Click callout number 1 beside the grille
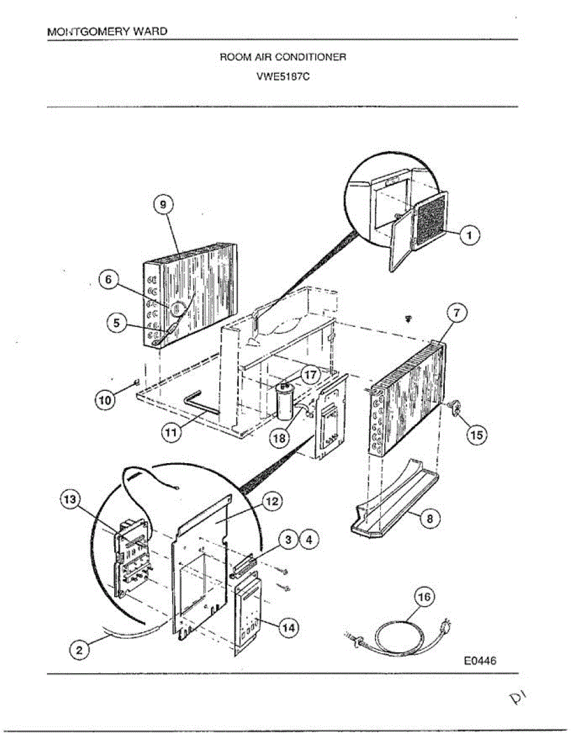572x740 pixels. click(470, 235)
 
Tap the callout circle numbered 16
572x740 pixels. click(423, 598)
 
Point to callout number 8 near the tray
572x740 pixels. click(430, 519)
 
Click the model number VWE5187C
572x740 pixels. click(283, 78)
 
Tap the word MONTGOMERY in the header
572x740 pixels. click(85, 31)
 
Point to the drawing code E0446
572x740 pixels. click(480, 660)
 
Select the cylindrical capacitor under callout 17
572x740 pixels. click(284, 404)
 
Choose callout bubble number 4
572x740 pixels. click(309, 540)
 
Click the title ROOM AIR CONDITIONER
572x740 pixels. click(283, 57)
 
